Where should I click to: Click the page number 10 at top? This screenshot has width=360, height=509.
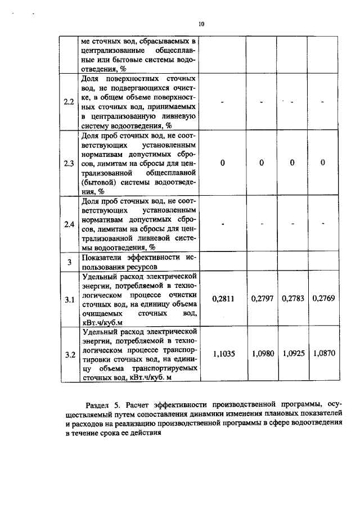tap(201, 24)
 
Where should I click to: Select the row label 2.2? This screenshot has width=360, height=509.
tap(69, 102)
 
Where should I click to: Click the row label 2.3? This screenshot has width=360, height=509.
tap(69, 164)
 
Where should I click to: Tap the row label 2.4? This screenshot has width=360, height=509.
tap(69, 224)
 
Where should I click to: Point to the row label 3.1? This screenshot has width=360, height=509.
tap(69, 299)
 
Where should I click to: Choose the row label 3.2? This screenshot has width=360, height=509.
tap(69, 354)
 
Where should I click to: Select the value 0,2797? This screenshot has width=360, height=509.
tap(262, 299)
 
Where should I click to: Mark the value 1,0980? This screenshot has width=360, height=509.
tap(262, 354)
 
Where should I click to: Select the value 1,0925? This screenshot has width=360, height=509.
tap(292, 354)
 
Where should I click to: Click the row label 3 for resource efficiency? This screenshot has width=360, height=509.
tap(69, 262)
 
